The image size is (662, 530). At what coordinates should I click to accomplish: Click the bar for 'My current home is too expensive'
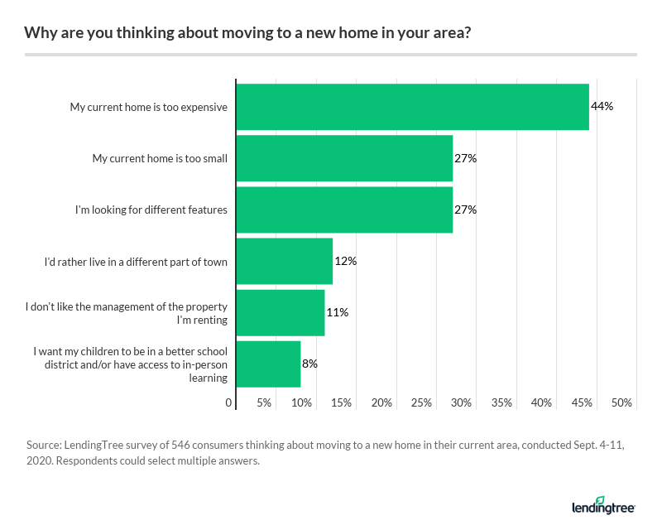click(x=412, y=107)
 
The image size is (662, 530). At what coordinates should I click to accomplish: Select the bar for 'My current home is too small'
click(x=344, y=158)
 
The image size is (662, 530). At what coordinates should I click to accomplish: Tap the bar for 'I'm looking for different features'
click(x=344, y=210)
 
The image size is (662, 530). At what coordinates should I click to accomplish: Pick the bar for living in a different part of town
click(x=285, y=261)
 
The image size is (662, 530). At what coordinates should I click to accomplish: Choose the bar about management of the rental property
click(x=281, y=312)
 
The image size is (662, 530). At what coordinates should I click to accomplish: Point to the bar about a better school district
click(x=268, y=364)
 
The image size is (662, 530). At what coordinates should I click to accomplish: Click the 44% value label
click(x=602, y=107)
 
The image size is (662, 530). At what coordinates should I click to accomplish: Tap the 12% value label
click(x=345, y=261)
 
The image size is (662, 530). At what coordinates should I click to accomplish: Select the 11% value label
click(x=337, y=312)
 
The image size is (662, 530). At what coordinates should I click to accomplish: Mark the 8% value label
click(x=309, y=364)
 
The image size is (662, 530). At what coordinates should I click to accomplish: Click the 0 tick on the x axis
click(x=229, y=402)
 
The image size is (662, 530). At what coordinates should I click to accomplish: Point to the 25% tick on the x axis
click(x=422, y=402)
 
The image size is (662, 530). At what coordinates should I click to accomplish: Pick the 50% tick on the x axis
click(x=622, y=402)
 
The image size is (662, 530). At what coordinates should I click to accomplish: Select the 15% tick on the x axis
click(x=342, y=402)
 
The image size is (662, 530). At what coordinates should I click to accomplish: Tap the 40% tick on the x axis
click(x=542, y=402)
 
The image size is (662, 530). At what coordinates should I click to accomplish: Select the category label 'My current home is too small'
click(x=160, y=158)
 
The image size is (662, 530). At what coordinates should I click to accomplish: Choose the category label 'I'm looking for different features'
click(x=151, y=210)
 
